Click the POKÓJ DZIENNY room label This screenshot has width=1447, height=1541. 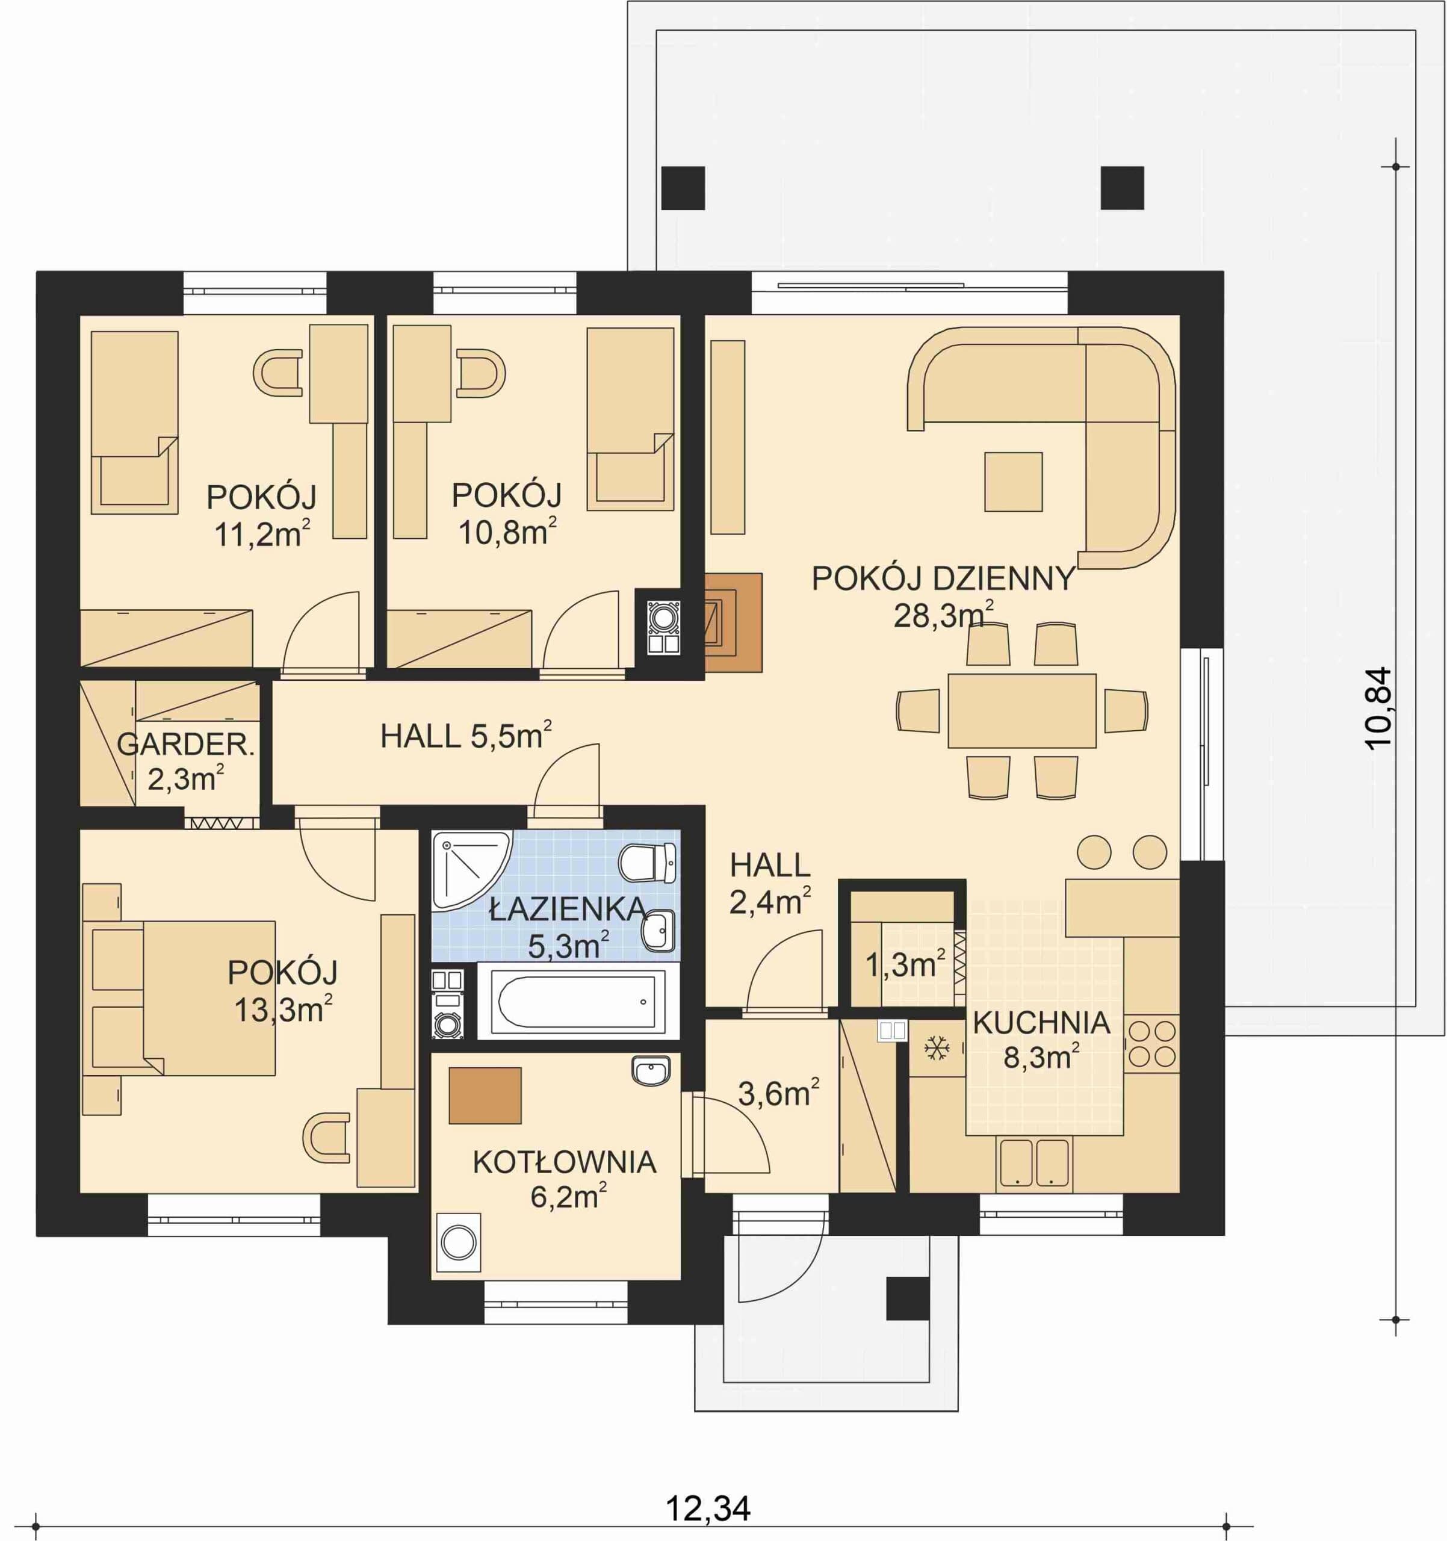click(x=943, y=579)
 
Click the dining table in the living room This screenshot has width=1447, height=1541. click(x=1021, y=710)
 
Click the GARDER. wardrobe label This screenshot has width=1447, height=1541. click(x=186, y=745)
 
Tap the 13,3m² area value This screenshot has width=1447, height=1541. click(x=284, y=1010)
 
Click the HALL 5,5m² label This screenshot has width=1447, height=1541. click(x=466, y=735)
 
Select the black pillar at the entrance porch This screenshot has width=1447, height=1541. click(x=908, y=1298)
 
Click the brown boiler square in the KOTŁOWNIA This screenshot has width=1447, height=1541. click(x=485, y=1096)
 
